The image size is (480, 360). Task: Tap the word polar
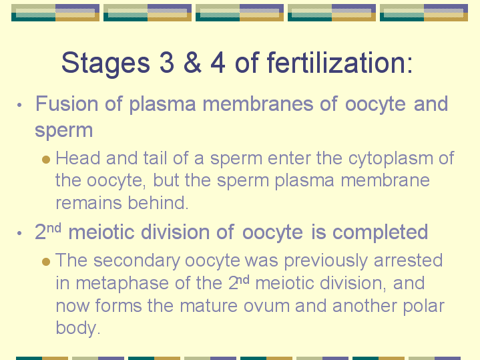click(422, 306)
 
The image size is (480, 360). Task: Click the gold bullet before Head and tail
click(45, 159)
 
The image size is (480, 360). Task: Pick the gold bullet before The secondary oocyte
click(45, 260)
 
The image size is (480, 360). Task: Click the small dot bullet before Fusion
click(20, 106)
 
